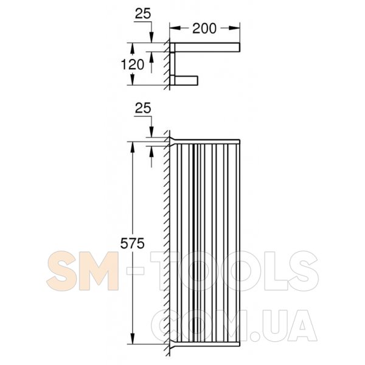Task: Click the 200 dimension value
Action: (x=204, y=29)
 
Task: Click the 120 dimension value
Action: (x=133, y=64)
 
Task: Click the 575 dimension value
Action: (x=132, y=244)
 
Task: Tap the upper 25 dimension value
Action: (x=143, y=14)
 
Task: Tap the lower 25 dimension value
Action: (x=143, y=108)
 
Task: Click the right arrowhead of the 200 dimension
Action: (x=234, y=28)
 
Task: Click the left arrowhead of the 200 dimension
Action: (x=175, y=28)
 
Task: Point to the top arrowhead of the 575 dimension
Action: (x=132, y=147)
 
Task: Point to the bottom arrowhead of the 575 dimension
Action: (x=132, y=338)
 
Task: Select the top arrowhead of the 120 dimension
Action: (x=132, y=49)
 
